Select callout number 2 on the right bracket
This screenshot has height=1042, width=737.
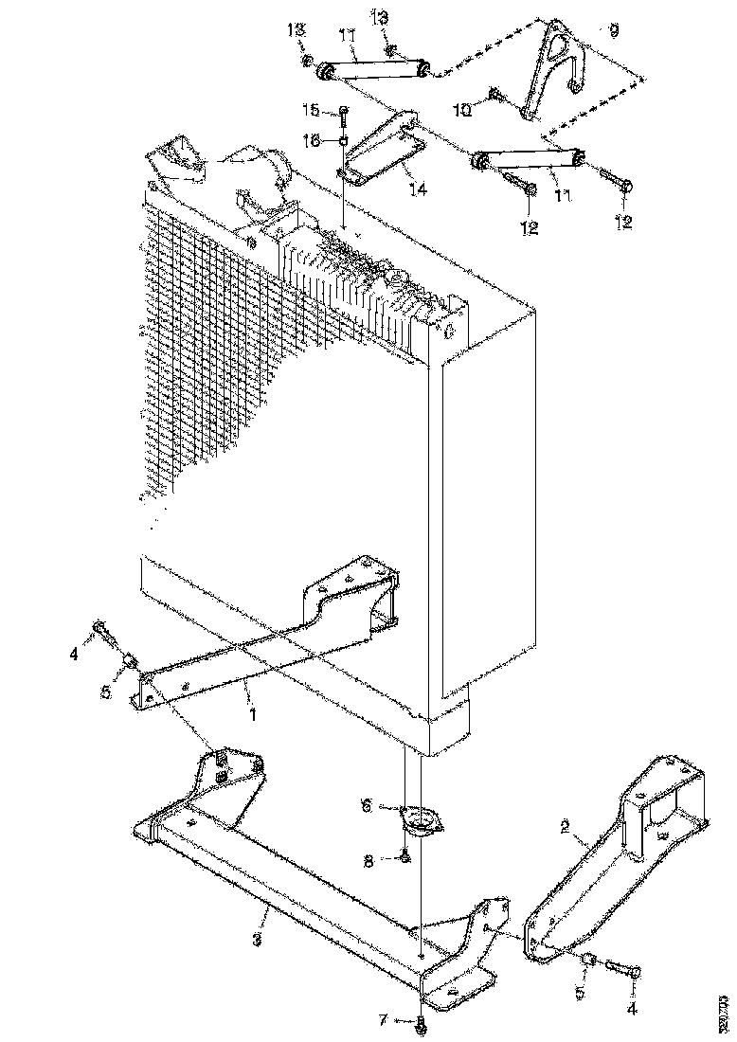[565, 826]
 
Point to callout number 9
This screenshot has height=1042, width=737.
[614, 31]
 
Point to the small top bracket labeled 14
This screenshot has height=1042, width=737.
[379, 152]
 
